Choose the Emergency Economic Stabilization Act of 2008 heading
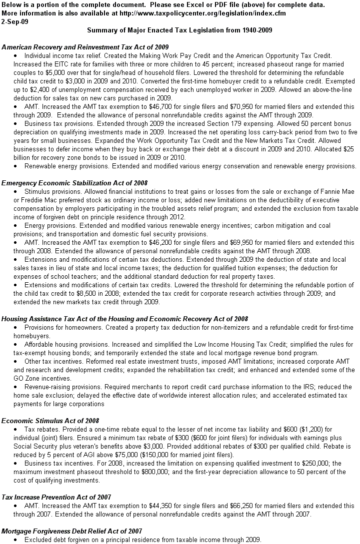click(74, 183)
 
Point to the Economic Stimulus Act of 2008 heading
click(50, 421)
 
